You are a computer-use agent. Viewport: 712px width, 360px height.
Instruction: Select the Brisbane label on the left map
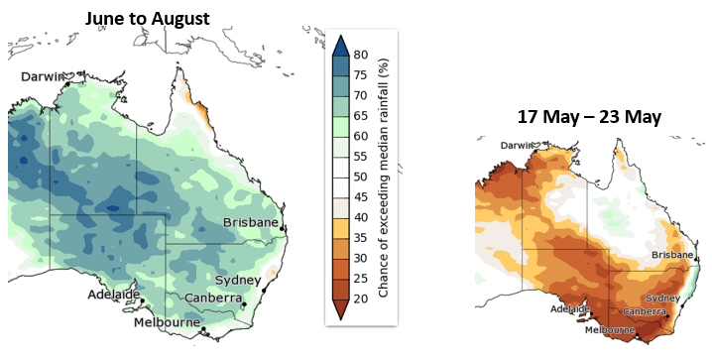[251, 222]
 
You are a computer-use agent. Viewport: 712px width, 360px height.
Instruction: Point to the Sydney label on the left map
[238, 279]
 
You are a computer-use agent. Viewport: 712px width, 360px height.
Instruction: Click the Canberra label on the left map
[213, 298]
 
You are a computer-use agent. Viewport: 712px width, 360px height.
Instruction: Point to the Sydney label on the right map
[662, 298]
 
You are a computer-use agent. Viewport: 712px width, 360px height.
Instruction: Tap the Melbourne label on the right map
[610, 329]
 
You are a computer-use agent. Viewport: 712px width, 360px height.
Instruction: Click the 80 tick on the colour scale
[360, 55]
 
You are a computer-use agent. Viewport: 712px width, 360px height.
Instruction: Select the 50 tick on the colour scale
[360, 177]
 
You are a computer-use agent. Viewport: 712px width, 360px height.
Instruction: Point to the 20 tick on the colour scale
[360, 299]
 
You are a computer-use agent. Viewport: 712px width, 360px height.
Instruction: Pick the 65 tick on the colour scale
[360, 115]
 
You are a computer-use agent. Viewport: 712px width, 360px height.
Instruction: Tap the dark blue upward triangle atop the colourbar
[339, 45]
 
